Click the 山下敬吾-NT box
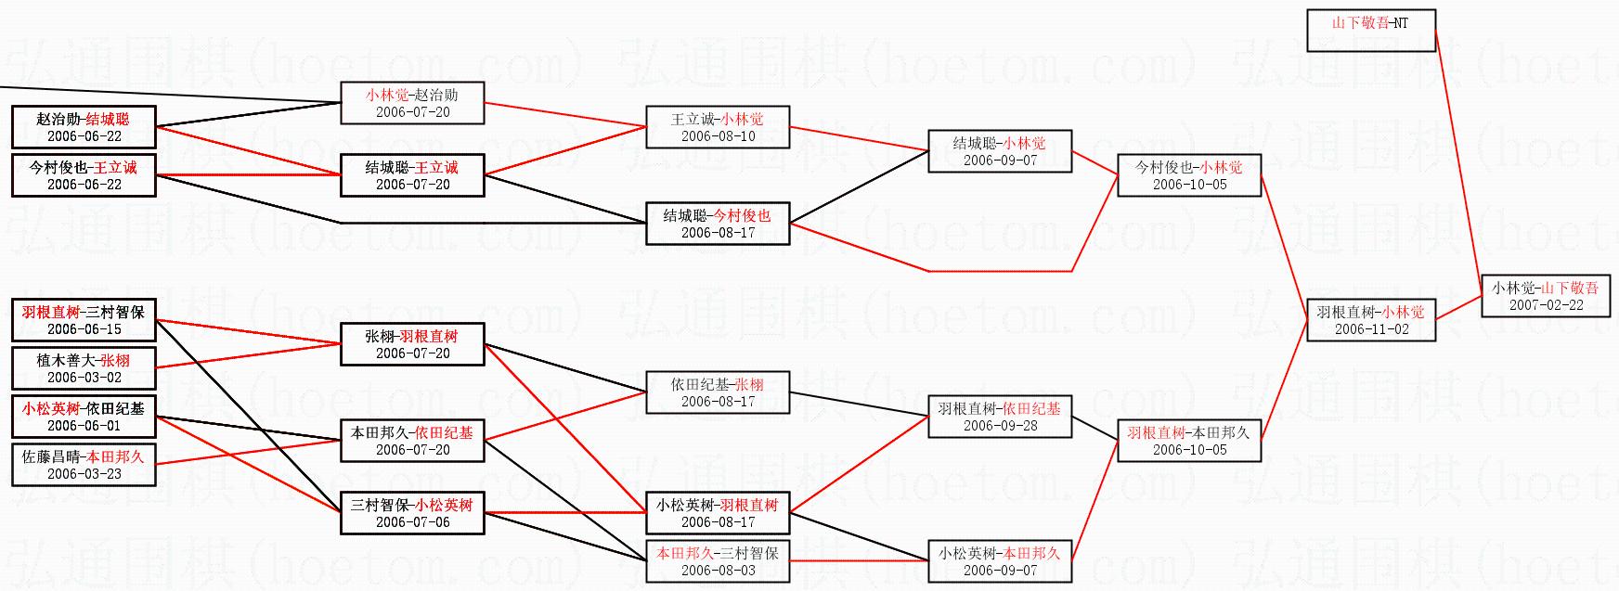tap(1370, 30)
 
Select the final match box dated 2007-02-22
tap(1545, 296)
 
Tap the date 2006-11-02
tap(1371, 329)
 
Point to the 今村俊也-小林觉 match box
tap(1188, 175)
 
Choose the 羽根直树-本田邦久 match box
tap(1188, 441)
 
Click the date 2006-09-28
tap(1000, 426)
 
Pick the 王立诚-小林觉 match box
tap(718, 127)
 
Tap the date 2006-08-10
tap(718, 136)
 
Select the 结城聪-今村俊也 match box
tap(718, 224)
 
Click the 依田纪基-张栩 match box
tap(718, 392)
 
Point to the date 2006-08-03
tap(718, 571)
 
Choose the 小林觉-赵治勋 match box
tap(412, 103)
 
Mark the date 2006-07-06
tap(412, 522)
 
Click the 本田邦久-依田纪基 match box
tap(412, 441)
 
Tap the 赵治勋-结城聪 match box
tap(84, 127)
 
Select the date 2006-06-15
tap(84, 329)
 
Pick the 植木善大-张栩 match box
tap(84, 368)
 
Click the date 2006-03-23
tap(84, 474)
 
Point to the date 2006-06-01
tap(84, 426)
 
